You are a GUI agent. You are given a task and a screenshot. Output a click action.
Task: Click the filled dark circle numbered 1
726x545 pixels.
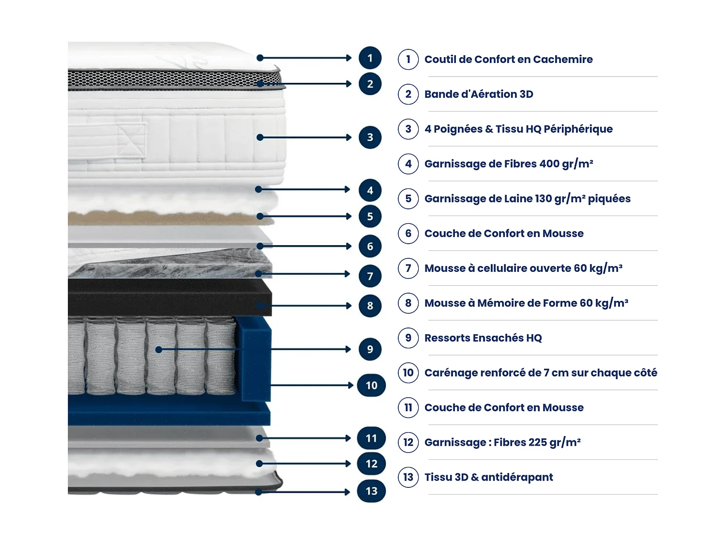coord(370,58)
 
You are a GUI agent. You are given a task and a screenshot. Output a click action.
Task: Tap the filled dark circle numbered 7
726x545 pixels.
coord(370,276)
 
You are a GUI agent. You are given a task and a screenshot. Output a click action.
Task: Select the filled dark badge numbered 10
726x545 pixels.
coord(371,386)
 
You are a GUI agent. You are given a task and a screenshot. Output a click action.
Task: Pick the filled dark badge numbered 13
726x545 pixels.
coord(371,491)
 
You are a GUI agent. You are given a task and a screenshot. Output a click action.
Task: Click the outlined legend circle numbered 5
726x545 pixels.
coord(408,199)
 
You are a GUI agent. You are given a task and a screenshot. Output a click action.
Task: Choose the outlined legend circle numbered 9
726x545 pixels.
coord(408,338)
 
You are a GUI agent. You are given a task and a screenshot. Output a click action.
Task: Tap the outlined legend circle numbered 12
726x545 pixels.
coord(408,442)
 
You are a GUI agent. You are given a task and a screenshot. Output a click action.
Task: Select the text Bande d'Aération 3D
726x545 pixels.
coord(479,94)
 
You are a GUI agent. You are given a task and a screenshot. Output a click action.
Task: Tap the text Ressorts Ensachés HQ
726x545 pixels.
coord(483,338)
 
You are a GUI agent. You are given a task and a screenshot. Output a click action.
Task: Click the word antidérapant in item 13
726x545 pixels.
coord(517,477)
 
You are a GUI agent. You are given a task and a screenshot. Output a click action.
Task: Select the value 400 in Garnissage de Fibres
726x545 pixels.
coord(549,164)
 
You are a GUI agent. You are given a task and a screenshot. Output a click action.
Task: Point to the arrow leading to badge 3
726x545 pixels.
coord(305,138)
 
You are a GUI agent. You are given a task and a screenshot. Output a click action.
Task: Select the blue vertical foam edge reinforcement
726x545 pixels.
coord(253,358)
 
